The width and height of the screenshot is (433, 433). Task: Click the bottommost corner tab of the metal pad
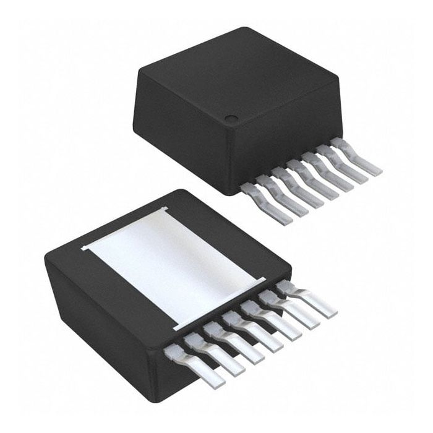pyautogui.click(x=177, y=325)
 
